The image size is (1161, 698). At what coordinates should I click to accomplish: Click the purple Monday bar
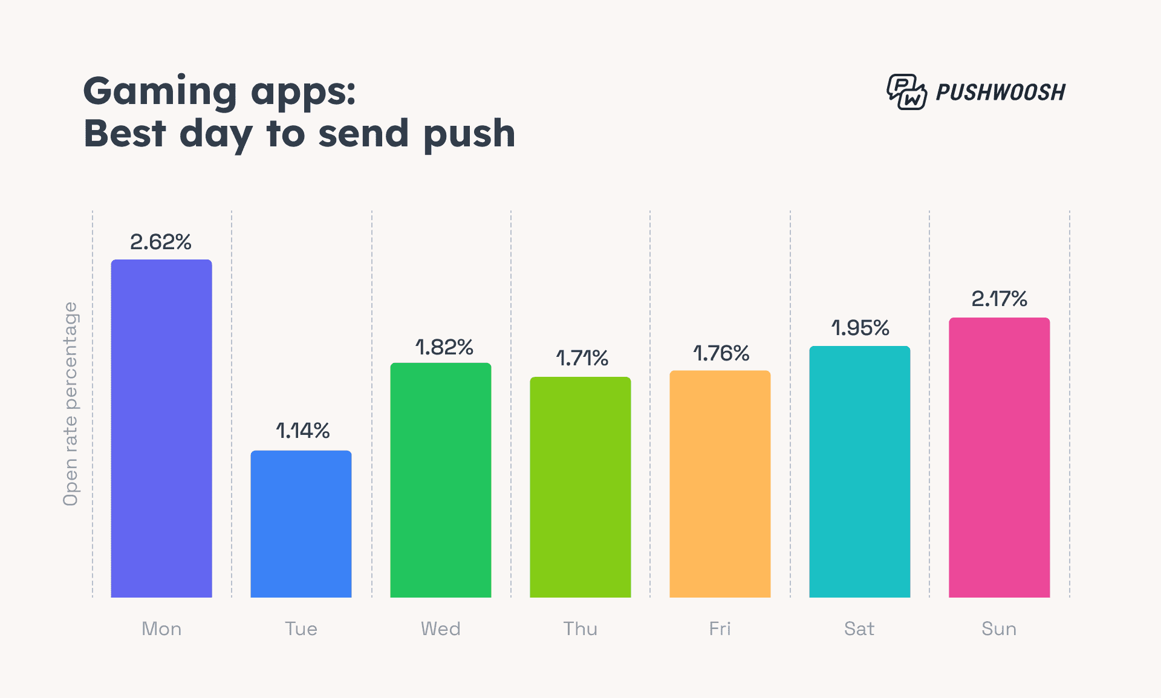161,428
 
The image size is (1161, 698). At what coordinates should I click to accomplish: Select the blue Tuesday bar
301,524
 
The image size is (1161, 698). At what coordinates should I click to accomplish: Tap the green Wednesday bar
441,480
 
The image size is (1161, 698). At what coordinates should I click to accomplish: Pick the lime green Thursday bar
580,487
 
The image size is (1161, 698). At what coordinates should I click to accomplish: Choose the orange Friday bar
720,484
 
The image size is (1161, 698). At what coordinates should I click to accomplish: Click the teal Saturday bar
859,472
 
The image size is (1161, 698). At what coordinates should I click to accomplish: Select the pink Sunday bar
999,457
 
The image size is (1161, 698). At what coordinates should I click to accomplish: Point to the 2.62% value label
161,242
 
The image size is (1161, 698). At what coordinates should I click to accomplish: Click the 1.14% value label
302,431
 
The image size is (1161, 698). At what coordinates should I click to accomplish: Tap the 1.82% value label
444,347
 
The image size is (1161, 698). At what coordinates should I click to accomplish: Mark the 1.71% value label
582,358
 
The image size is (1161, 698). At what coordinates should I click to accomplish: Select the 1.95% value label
860,328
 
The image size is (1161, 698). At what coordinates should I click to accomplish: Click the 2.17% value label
999,299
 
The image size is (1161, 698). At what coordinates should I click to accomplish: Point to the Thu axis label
580,629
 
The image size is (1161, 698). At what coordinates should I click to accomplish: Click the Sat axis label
859,629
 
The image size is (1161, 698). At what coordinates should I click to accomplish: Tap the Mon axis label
161,629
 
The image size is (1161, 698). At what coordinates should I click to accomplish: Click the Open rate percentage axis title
71,403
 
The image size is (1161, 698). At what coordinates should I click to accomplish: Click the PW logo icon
906,92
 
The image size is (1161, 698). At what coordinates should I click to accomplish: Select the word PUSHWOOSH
1000,93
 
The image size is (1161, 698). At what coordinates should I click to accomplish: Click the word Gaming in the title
160,91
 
